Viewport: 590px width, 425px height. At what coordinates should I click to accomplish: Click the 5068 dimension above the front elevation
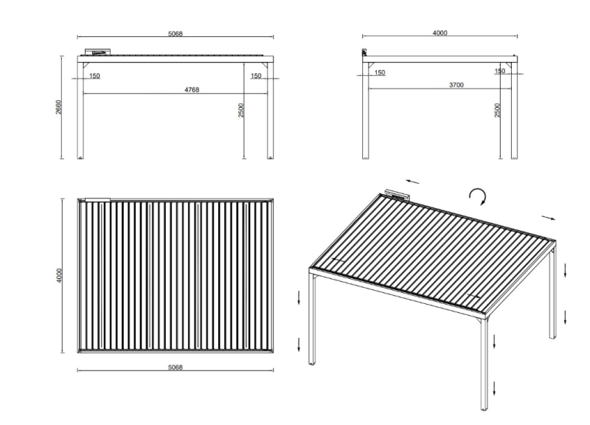tap(175, 32)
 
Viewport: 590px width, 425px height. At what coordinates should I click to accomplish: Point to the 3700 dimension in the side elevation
tap(456, 86)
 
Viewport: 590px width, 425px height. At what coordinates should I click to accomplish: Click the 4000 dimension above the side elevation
tap(440, 32)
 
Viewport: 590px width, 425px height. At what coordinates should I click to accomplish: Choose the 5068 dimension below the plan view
tap(175, 366)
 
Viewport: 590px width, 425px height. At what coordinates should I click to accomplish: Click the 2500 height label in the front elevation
tap(241, 109)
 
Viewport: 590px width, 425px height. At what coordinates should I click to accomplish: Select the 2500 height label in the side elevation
tap(498, 109)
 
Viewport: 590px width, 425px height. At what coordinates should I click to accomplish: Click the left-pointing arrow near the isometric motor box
tap(413, 181)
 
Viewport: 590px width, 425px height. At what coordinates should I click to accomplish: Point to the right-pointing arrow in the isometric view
tap(548, 218)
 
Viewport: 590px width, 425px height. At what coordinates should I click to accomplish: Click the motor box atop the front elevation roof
tap(98, 52)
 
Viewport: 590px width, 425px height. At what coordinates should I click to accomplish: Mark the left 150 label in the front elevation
tap(94, 75)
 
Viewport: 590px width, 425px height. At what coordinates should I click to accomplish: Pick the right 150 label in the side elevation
tap(500, 71)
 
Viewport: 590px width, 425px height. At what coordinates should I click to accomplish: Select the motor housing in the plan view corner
tap(97, 199)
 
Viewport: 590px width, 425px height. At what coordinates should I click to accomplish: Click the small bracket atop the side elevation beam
tap(364, 52)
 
